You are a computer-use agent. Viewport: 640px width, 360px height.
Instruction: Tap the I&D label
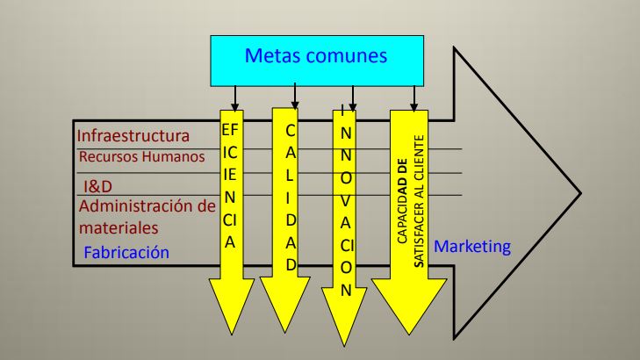point(98,186)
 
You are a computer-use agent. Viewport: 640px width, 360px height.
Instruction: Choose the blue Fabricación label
point(126,254)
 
